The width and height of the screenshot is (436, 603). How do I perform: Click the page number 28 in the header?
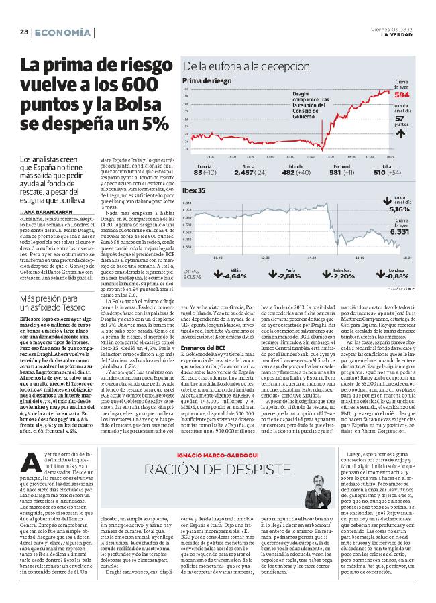pos(23,32)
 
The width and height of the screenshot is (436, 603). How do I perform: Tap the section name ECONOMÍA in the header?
pos(62,32)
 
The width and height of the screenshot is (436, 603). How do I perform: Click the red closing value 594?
pos(403,95)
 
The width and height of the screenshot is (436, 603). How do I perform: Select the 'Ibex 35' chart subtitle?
pos(195,190)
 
